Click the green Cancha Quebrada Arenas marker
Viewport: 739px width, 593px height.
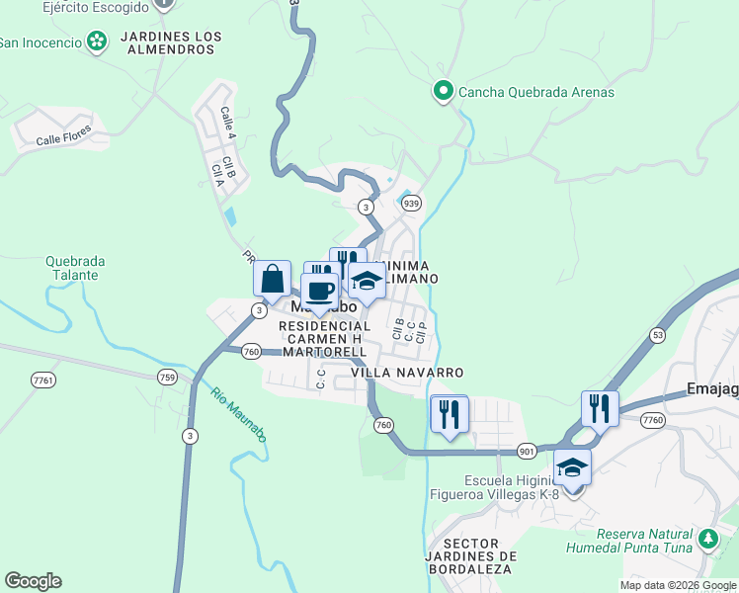click(444, 92)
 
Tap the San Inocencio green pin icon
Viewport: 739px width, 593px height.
click(97, 42)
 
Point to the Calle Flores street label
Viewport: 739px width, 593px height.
click(64, 134)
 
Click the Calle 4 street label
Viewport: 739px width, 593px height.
click(228, 122)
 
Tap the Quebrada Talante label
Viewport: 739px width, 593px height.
click(75, 269)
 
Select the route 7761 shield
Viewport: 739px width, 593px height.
click(43, 380)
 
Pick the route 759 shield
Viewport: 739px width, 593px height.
click(167, 377)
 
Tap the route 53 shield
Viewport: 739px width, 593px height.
click(657, 336)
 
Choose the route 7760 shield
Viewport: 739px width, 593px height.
click(652, 420)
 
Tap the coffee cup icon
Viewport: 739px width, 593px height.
click(319, 290)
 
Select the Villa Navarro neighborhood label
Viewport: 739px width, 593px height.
click(407, 373)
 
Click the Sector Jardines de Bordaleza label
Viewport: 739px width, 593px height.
click(479, 556)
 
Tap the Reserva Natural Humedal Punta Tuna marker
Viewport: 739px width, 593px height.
click(707, 539)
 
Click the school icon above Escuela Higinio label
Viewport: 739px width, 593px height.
click(572, 466)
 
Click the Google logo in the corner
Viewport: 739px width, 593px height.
click(33, 581)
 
